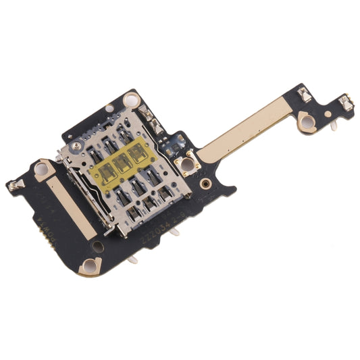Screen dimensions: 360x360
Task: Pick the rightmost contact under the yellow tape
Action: click(x=140, y=156)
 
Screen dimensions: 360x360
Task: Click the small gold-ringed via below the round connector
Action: click(x=201, y=183)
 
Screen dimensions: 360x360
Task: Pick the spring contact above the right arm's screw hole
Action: click(x=305, y=95)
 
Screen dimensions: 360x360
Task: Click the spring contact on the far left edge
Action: click(x=14, y=183)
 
